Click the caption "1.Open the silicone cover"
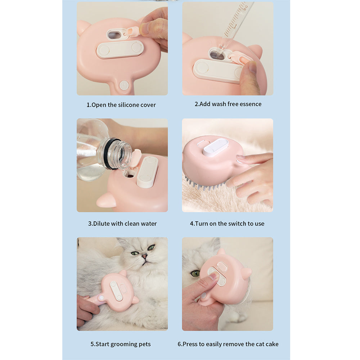click(121, 105)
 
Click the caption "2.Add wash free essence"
click(228, 104)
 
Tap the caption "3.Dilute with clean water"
click(122, 224)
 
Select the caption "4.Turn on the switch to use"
click(227, 224)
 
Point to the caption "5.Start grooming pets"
click(121, 344)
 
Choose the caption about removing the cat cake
click(228, 344)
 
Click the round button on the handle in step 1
click(124, 85)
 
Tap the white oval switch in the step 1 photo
click(120, 49)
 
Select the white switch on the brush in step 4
click(216, 147)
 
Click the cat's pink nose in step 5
click(144, 256)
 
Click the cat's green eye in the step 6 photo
click(195, 274)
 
